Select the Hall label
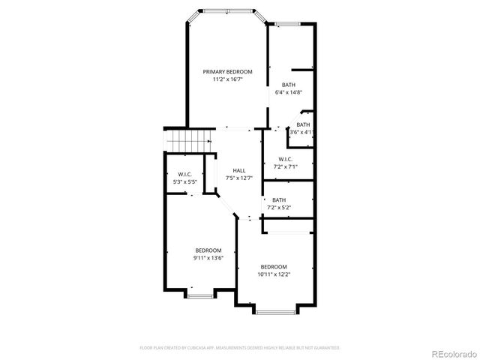[x=238, y=171]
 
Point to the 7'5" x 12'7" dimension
[x=238, y=178]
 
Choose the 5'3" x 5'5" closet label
[x=184, y=178]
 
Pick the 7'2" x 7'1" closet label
[x=285, y=163]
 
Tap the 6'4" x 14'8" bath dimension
[x=289, y=92]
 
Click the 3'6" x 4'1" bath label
[x=303, y=128]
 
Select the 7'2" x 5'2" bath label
[x=279, y=203]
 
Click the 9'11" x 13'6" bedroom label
[x=208, y=254]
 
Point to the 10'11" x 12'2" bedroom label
[x=274, y=271]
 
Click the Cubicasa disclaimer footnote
[x=240, y=348]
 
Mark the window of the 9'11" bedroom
[x=199, y=295]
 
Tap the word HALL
[x=238, y=171]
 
